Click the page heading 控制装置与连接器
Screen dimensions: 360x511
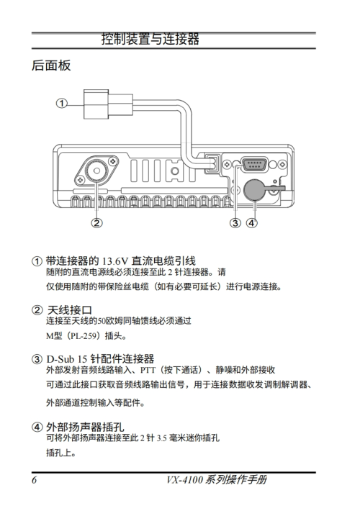(150, 39)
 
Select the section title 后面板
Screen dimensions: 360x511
(51, 65)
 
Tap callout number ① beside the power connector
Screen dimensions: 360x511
(62, 104)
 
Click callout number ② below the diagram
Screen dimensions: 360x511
(97, 223)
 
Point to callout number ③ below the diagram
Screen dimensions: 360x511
(235, 223)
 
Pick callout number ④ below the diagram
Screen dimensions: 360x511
(251, 223)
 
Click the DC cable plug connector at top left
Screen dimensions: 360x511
(108, 104)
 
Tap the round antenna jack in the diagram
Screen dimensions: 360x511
(97, 171)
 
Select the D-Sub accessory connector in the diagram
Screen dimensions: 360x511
(254, 164)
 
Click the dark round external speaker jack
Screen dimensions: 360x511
(255, 190)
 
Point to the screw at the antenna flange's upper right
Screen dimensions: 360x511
(113, 160)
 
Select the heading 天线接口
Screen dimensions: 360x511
(70, 310)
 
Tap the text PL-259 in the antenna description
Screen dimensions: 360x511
(84, 335)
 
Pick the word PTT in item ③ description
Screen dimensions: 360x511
(148, 370)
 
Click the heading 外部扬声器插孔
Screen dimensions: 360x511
(85, 427)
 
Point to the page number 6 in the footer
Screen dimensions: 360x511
(35, 480)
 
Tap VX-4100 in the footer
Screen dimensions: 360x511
(185, 480)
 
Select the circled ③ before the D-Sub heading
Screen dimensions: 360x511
(37, 359)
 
